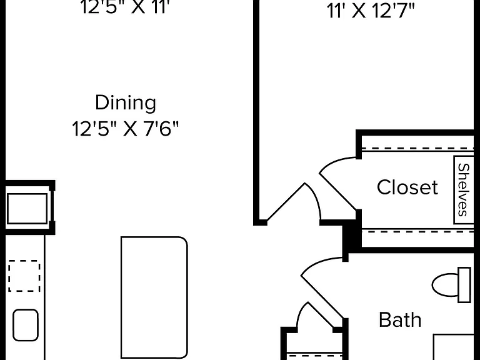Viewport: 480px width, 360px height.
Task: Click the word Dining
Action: pos(126,104)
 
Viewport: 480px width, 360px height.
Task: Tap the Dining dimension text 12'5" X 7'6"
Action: pos(125,129)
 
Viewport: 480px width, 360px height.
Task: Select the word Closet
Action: pos(407,187)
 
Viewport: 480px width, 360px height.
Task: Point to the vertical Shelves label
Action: pos(464,190)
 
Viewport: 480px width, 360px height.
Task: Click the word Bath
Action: pos(400,320)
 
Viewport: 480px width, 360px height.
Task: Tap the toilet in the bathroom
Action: pos(451,285)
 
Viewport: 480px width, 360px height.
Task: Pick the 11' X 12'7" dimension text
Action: pos(371,11)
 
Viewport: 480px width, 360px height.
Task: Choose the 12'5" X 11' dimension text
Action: pos(125,7)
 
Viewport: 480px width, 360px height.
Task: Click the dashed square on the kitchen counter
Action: pos(24,276)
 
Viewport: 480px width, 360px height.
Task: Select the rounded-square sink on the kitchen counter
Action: pos(26,325)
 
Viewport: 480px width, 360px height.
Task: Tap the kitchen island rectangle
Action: pos(154,297)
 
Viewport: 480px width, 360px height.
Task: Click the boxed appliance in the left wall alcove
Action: pos(27,209)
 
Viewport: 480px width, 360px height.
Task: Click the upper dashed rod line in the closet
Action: pos(417,149)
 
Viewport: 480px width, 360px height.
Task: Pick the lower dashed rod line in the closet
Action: pos(417,232)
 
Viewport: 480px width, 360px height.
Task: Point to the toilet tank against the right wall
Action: pos(464,285)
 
